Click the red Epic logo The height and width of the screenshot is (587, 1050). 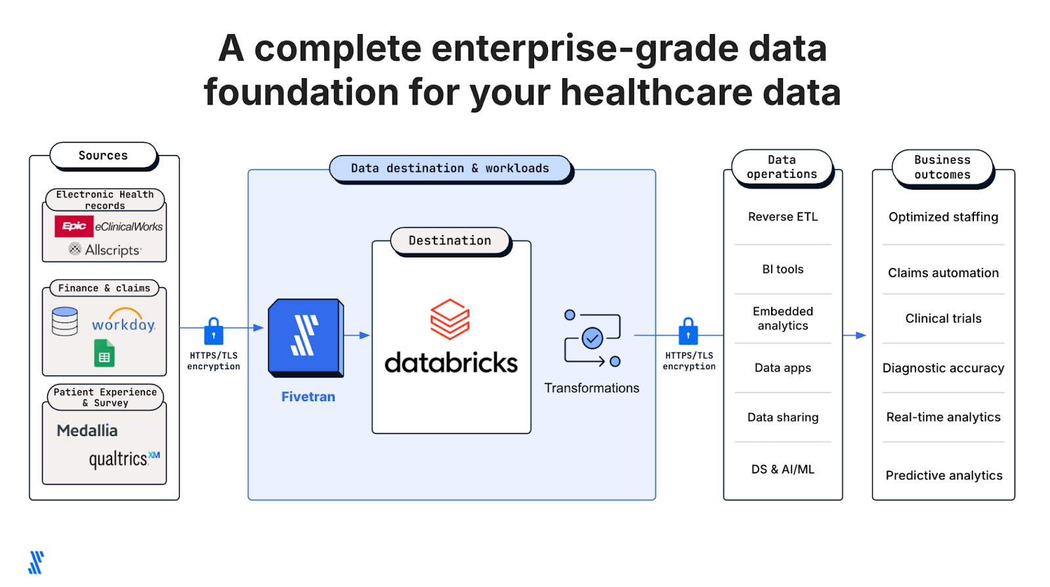[73, 226]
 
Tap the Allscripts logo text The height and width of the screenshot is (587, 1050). [112, 250]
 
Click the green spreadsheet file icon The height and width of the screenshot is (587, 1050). [104, 353]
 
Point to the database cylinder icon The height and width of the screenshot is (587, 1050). [65, 321]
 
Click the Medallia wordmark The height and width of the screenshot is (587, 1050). [87, 431]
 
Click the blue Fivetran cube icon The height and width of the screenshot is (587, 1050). [305, 337]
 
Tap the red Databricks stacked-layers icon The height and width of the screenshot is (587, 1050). [450, 319]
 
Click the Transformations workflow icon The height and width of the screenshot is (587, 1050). [592, 338]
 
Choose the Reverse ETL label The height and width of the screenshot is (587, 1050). [783, 217]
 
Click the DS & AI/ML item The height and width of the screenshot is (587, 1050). [783, 469]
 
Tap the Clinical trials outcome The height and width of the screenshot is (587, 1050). [943, 318]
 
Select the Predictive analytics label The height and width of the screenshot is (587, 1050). [944, 475]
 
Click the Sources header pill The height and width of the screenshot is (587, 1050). [104, 156]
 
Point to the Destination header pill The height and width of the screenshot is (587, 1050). [450, 241]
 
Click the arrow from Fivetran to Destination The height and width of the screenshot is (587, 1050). [358, 336]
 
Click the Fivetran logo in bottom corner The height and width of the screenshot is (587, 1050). [36, 563]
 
